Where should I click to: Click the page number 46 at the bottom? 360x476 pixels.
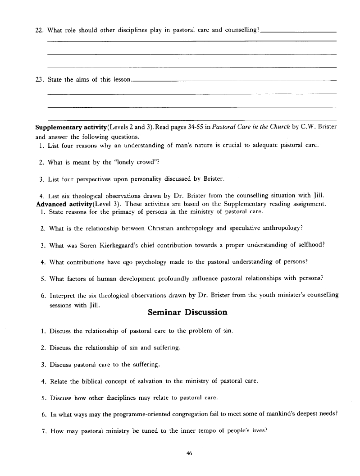click(189, 454)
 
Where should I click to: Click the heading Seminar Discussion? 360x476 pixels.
click(187, 312)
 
